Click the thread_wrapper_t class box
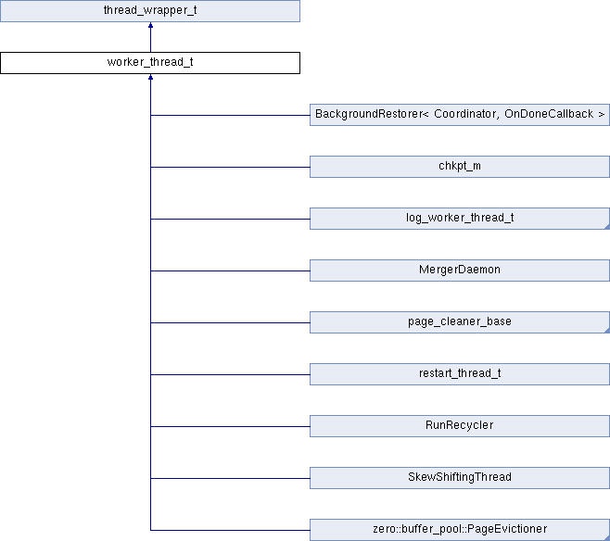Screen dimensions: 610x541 pos(150,11)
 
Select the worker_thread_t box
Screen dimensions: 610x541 pos(150,63)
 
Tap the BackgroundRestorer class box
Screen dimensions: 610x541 pos(460,115)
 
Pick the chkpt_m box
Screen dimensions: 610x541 pos(460,167)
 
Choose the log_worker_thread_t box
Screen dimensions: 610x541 pos(460,219)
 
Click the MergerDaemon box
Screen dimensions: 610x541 pos(460,270)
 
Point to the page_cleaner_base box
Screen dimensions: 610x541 pos(460,322)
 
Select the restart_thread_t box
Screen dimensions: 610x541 pos(460,374)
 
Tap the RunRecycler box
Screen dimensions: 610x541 pos(460,426)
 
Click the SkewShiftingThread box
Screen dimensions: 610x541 pos(460,478)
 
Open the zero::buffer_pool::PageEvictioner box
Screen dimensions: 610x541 pos(460,530)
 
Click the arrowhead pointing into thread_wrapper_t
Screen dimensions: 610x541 pos(150,25)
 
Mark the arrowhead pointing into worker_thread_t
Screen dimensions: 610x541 pos(150,77)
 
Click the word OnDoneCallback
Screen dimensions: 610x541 pos(549,114)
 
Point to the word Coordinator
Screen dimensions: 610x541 pos(466,114)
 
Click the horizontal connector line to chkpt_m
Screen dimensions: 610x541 pos(230,167)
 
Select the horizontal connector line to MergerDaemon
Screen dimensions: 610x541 pos(230,270)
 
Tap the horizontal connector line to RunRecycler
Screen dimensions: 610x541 pos(230,426)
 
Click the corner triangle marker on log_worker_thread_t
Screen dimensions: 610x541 pos(607,227)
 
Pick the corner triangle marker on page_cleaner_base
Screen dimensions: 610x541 pos(607,331)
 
